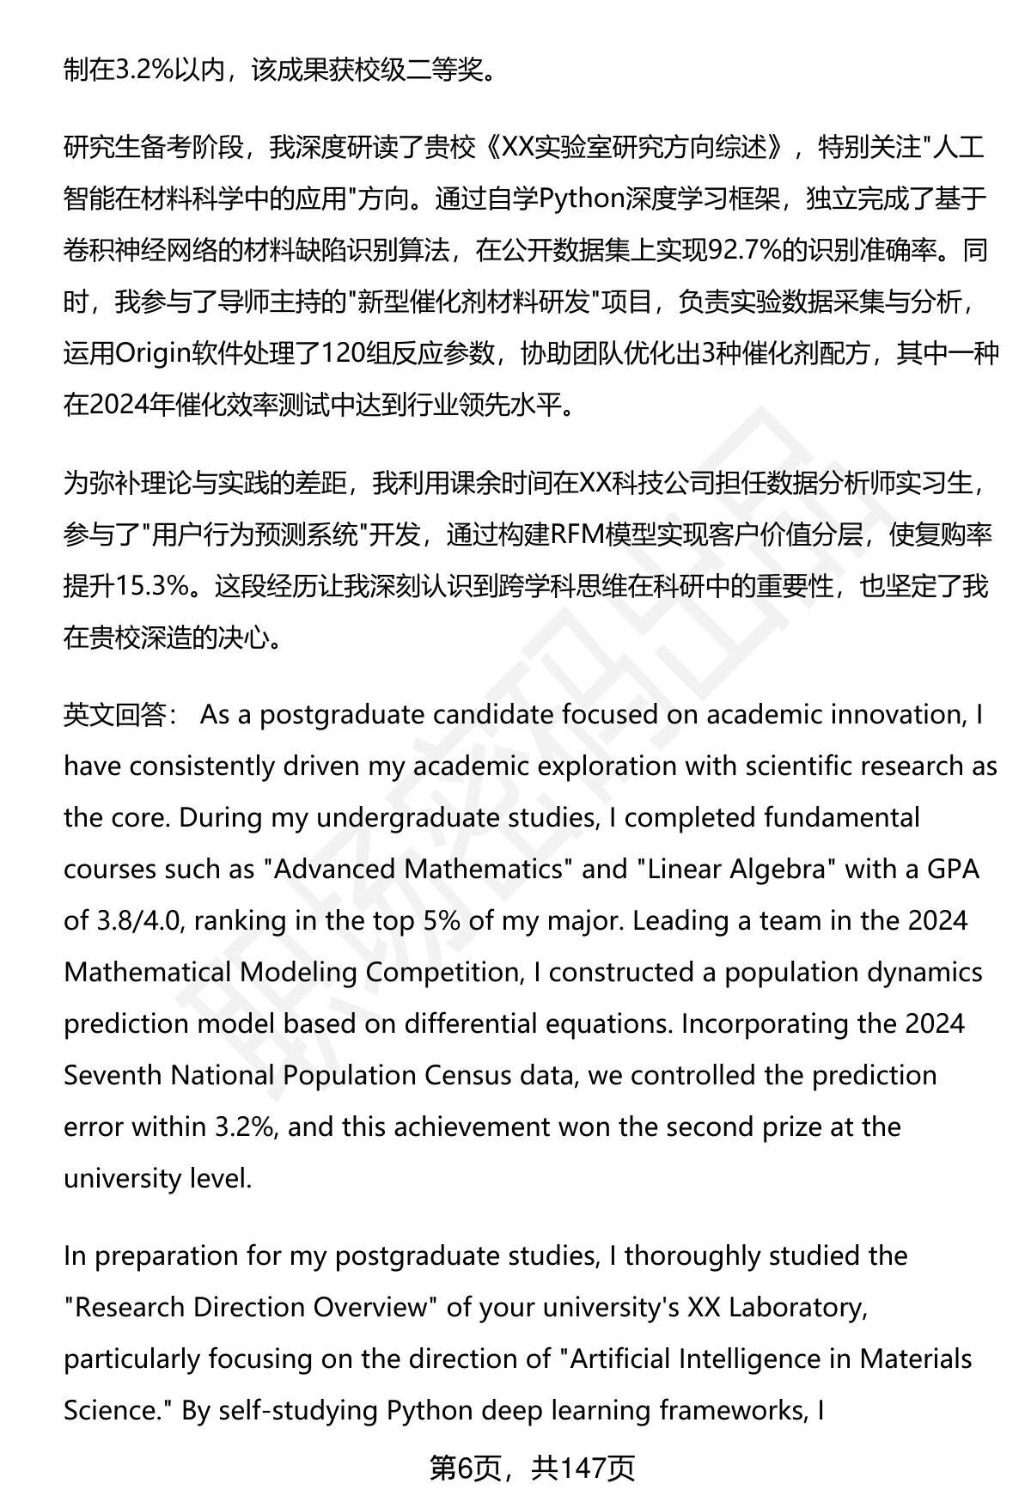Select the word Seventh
(113, 1075)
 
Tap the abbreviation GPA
(954, 869)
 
